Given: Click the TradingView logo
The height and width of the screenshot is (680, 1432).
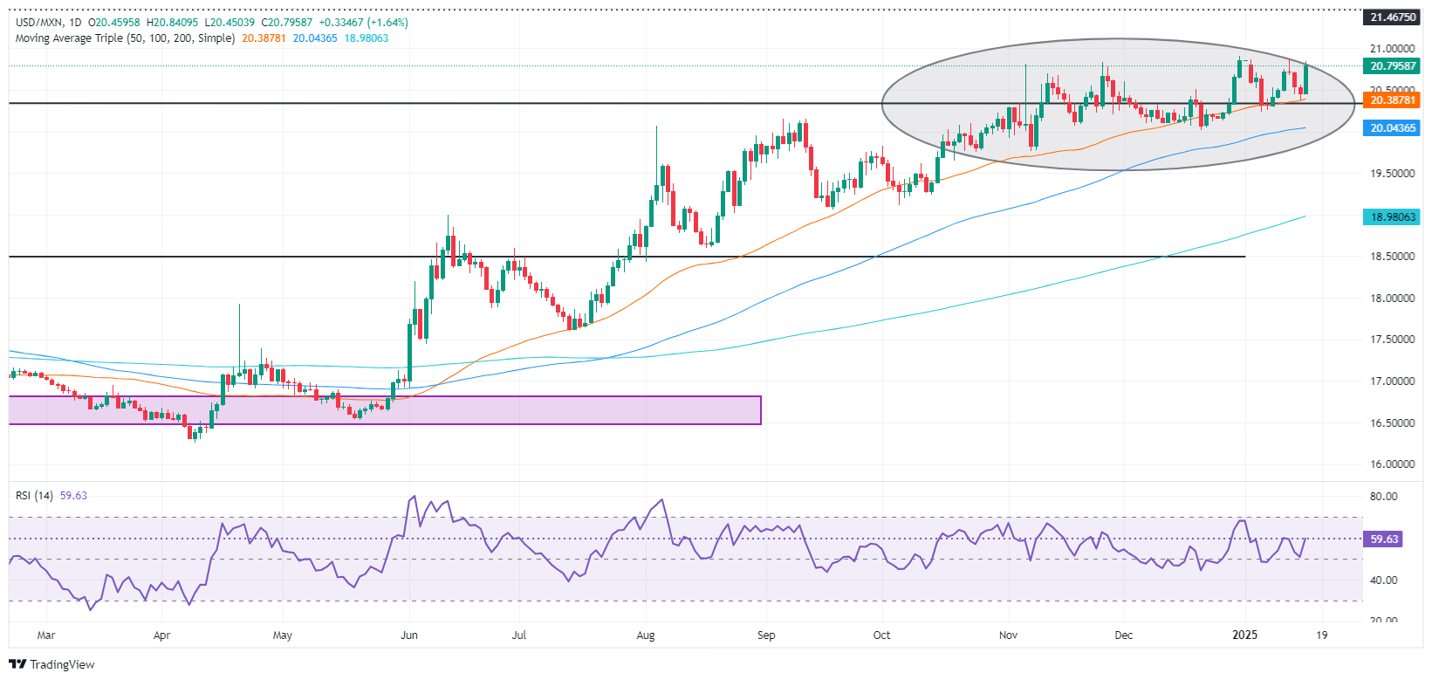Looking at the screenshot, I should (x=51, y=664).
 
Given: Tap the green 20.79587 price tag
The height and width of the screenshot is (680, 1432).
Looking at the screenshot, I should (x=1393, y=66).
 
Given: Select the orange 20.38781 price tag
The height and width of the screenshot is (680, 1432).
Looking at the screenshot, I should (x=1393, y=100).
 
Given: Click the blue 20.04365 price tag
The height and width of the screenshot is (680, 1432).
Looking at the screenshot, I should (x=1393, y=127).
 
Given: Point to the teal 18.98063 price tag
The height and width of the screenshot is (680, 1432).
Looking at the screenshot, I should (x=1393, y=216).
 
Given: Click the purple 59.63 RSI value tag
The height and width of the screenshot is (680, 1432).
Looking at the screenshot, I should (x=1384, y=539).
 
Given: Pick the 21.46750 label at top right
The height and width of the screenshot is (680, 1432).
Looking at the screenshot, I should (x=1393, y=17).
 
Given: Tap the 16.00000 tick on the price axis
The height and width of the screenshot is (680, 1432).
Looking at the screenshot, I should (x=1392, y=464).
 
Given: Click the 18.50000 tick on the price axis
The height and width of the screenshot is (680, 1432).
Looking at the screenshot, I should (x=1392, y=257).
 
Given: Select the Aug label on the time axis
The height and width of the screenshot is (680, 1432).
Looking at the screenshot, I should (x=646, y=635).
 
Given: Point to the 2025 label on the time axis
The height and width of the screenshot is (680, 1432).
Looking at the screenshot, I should (x=1244, y=635).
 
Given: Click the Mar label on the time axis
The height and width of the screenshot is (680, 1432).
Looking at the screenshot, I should (x=46, y=635).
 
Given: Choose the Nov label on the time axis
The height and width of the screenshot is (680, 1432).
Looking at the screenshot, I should (x=1008, y=635).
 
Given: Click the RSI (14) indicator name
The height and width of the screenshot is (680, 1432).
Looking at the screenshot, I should (x=34, y=496).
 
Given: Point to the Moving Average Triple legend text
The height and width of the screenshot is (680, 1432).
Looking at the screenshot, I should (x=125, y=38).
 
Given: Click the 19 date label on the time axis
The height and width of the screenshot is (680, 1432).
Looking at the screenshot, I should (x=1322, y=635).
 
